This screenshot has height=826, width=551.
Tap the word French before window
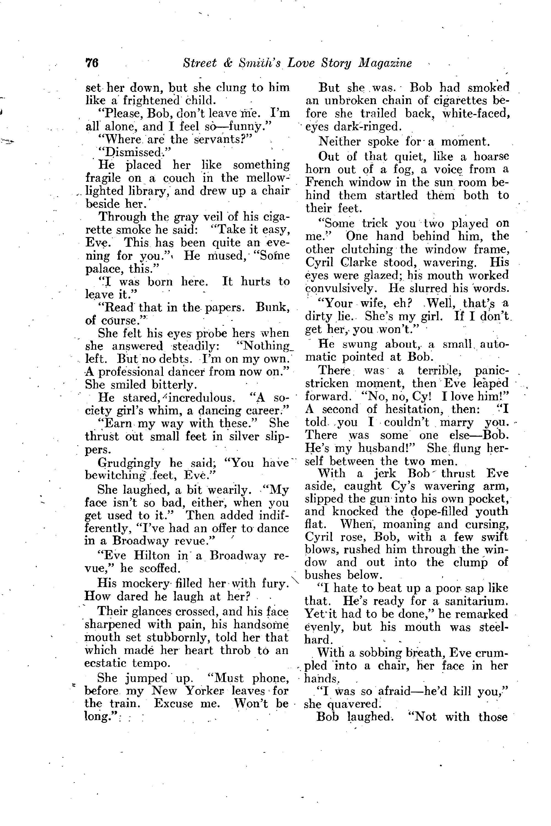(x=324, y=183)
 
